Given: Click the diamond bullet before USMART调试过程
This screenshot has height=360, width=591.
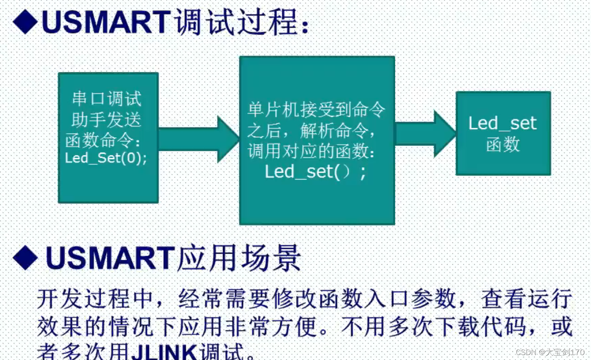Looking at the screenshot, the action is (x=25, y=22).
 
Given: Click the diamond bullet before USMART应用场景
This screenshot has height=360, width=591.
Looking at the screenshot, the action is (x=25, y=258).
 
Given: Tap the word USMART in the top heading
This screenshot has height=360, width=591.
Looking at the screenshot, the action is (x=106, y=22).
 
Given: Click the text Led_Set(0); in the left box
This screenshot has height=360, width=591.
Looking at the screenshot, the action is (x=106, y=158).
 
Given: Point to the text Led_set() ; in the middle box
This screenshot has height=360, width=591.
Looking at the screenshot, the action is (x=315, y=172).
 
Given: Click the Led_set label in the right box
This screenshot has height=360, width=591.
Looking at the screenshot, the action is (x=502, y=123).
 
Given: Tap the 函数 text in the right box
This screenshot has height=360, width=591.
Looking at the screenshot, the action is (x=503, y=145).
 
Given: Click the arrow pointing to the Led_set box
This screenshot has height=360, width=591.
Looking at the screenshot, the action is (x=425, y=134).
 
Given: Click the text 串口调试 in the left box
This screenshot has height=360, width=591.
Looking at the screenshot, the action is (x=107, y=99).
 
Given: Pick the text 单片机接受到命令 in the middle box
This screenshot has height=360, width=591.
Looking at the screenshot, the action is (x=316, y=110).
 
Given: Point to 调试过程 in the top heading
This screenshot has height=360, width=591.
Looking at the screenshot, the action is (x=236, y=22).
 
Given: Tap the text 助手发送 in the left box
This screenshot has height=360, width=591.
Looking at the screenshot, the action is (x=106, y=120).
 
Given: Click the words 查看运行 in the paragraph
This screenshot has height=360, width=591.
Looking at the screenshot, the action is (x=526, y=299).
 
